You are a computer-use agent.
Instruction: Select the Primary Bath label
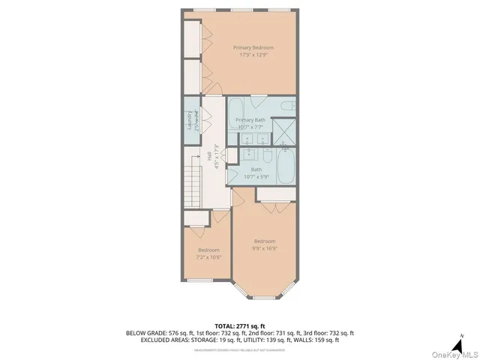click(x=250, y=120)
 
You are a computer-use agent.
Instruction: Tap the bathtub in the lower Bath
click(x=286, y=166)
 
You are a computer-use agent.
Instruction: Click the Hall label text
click(x=208, y=156)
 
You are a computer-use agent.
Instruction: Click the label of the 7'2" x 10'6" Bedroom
click(x=208, y=250)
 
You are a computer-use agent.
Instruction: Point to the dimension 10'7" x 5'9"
click(x=256, y=177)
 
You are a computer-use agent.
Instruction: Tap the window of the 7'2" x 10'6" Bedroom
click(x=200, y=280)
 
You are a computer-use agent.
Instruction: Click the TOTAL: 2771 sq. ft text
click(x=241, y=325)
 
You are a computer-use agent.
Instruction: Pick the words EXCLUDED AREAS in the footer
click(x=166, y=340)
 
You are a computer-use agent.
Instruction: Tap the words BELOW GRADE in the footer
click(x=148, y=333)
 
